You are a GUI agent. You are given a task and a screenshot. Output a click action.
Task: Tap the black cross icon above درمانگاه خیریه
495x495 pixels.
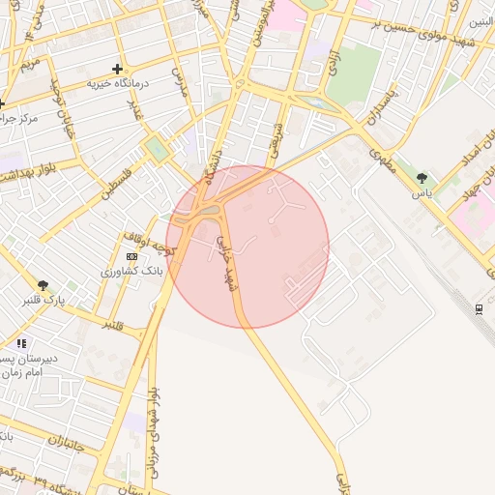(117, 69)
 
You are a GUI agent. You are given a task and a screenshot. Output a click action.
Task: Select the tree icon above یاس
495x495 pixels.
(422, 178)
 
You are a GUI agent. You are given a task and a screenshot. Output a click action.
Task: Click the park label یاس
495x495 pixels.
(422, 192)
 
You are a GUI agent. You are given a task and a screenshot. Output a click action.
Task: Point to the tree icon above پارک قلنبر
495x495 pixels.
(43, 285)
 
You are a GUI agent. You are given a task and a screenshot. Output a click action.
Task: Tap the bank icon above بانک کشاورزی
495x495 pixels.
(131, 256)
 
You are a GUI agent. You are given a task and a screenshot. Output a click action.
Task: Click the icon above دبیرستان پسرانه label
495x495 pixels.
(21, 343)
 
